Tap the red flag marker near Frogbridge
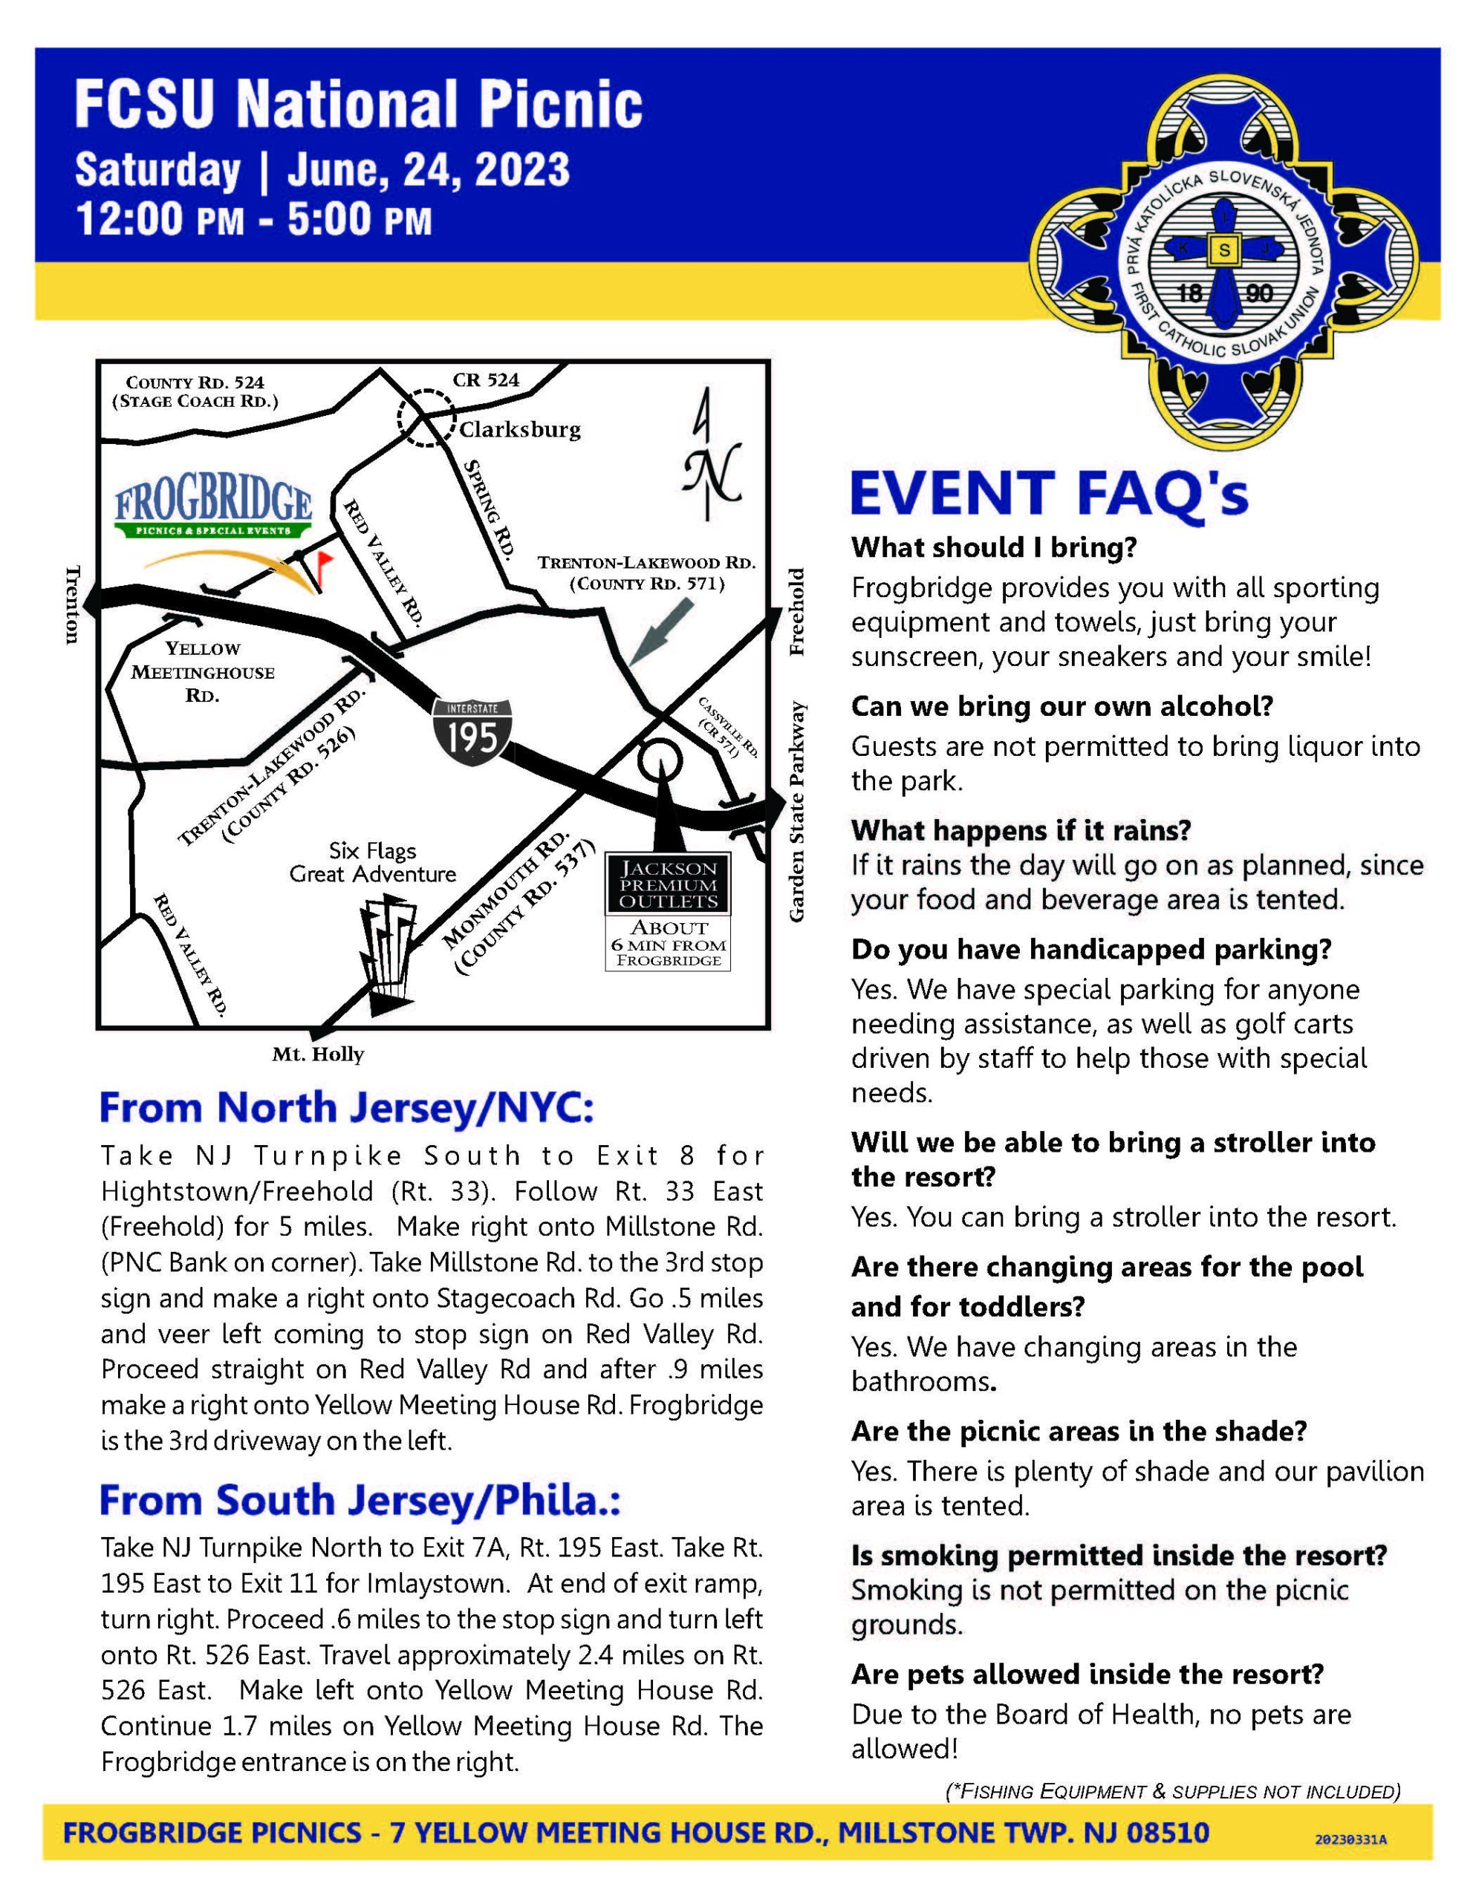325,561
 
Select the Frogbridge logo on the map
213,511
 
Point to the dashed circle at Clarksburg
426,420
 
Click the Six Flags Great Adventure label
373,863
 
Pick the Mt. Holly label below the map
318,1055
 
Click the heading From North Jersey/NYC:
347,1107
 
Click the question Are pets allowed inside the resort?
1087,1673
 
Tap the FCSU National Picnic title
359,105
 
